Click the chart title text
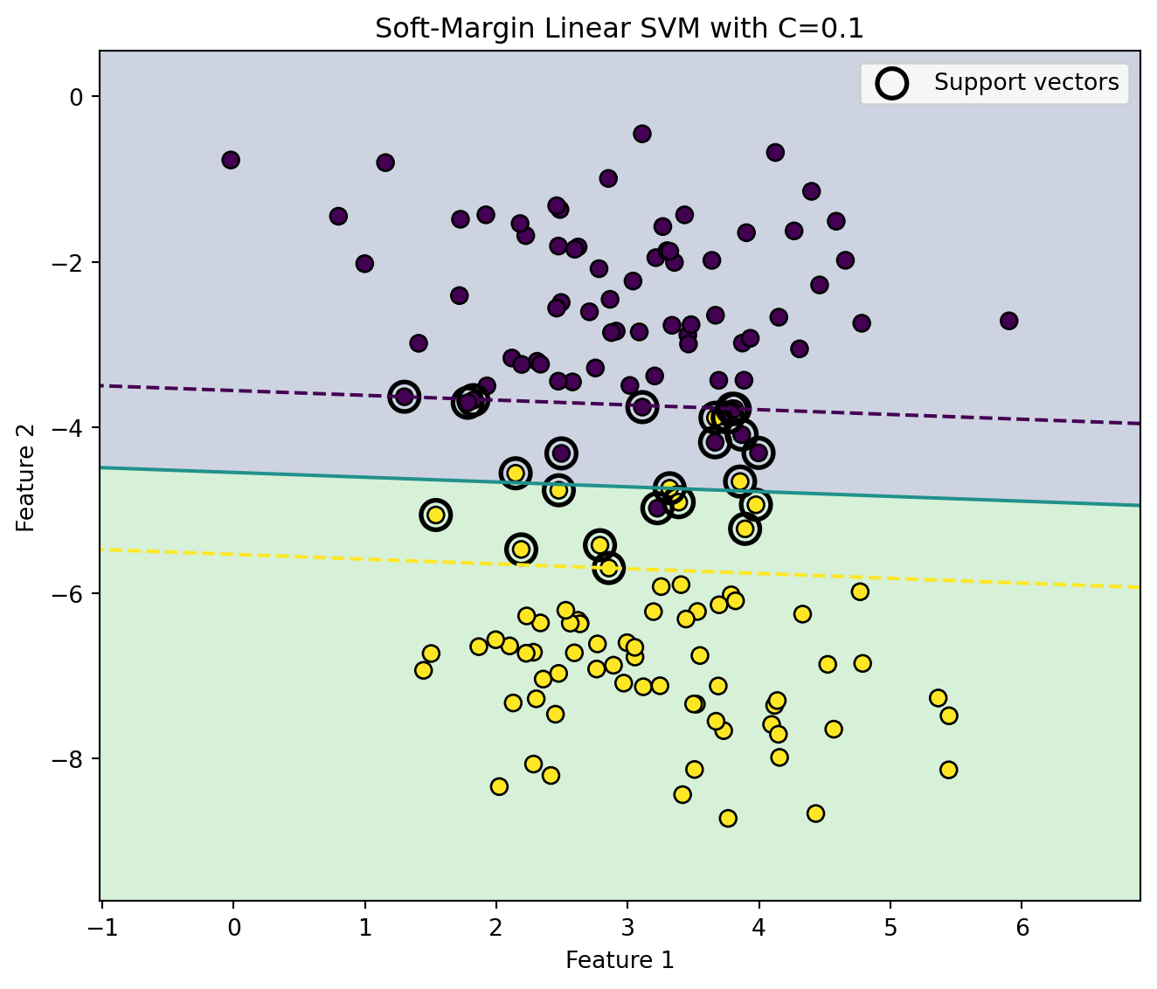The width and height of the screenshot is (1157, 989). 619,29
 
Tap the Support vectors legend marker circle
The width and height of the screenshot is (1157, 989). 891,83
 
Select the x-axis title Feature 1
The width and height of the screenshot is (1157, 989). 620,960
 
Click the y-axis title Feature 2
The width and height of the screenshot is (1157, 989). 25,477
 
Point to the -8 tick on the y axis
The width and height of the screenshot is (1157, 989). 66,759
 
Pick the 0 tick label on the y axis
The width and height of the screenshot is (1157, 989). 76,97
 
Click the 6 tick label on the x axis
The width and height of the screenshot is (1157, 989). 1022,928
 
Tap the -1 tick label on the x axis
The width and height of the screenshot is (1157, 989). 104,928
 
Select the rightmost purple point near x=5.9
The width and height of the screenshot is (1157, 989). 1008,322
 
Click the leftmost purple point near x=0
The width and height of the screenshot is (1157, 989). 231,160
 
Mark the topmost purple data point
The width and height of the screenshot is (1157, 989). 642,134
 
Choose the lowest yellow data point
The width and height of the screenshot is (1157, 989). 728,819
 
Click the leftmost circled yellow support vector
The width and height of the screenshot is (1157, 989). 435,515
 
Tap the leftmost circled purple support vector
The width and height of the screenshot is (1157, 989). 404,398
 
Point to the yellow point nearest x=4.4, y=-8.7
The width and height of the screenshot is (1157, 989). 815,813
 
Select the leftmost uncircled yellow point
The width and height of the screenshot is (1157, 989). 423,670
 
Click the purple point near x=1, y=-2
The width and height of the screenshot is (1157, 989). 364,264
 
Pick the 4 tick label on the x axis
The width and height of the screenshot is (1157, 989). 759,928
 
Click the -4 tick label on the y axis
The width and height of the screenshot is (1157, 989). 66,428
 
